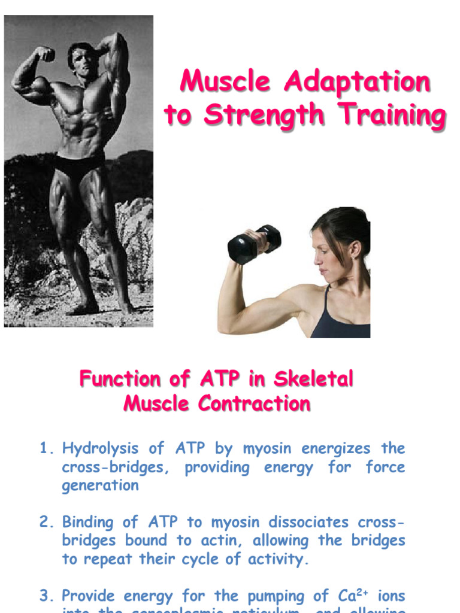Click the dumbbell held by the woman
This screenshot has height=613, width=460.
point(254,243)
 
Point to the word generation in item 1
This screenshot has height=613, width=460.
point(100,485)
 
